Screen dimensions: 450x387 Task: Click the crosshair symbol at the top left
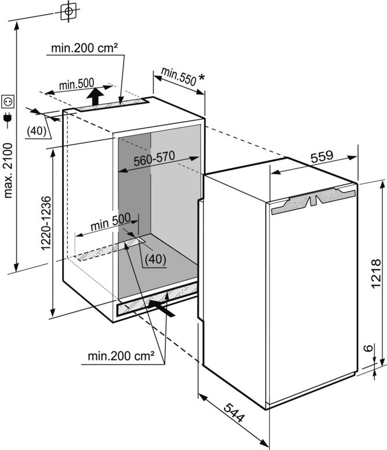69,11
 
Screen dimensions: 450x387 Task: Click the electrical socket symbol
9,102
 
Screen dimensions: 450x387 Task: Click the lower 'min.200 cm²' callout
121,355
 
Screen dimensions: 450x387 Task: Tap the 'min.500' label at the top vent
76,85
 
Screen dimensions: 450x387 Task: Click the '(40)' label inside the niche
154,259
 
